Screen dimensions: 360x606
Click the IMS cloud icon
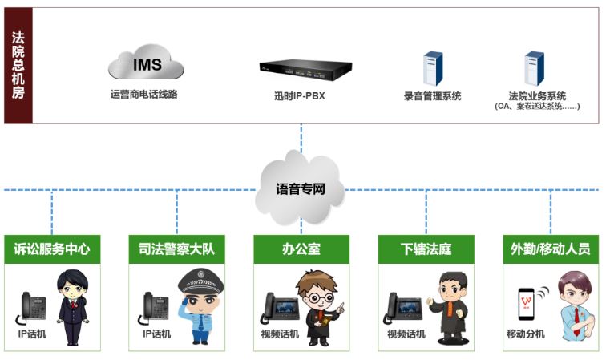(146, 63)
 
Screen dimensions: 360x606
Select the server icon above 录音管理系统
(433, 68)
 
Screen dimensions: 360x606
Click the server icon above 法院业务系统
(535, 68)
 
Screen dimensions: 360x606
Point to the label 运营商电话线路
(144, 95)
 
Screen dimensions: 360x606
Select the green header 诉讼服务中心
(53, 249)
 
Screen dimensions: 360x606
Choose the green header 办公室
(301, 249)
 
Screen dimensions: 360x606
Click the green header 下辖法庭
(426, 249)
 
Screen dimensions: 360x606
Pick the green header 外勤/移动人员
(551, 249)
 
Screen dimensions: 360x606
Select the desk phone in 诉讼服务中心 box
(33, 308)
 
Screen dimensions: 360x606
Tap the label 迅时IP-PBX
(300, 95)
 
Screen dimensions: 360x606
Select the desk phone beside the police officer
(156, 308)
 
